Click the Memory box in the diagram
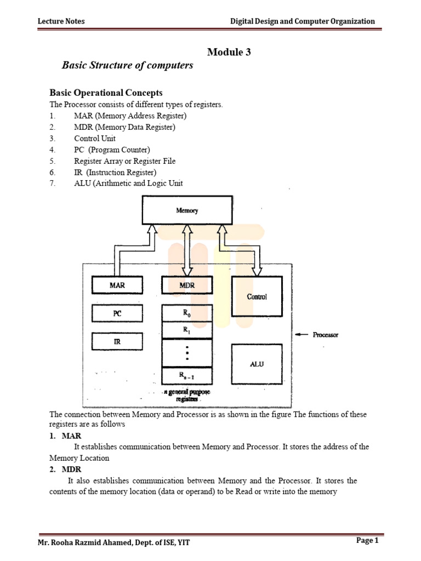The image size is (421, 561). click(x=186, y=210)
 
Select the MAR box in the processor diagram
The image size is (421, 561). click(x=117, y=285)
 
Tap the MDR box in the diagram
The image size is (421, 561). click(x=186, y=285)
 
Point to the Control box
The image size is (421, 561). click(x=257, y=296)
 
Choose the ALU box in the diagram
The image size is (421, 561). click(x=257, y=364)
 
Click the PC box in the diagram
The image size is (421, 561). click(x=117, y=314)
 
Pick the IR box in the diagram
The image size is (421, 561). click(x=117, y=342)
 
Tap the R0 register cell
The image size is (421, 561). click(x=186, y=313)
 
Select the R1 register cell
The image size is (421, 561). click(x=186, y=330)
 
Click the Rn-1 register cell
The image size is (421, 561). click(x=186, y=375)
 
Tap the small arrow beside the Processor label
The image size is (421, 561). click(x=301, y=335)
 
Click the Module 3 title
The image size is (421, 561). click(x=229, y=52)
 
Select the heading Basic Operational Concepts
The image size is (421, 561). click(x=106, y=93)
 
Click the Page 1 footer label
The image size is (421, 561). click(x=367, y=541)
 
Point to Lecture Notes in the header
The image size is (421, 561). click(x=61, y=21)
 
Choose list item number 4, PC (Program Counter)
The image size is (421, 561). click(x=112, y=150)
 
